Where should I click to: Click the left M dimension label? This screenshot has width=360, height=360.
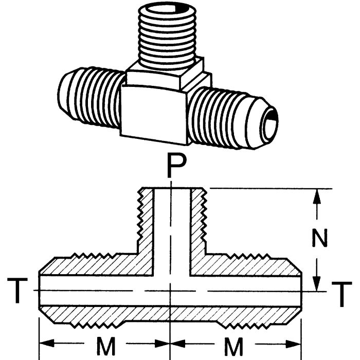106,348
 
